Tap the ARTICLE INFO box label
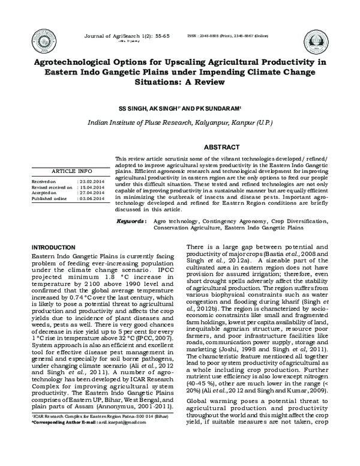coord(73,171)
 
